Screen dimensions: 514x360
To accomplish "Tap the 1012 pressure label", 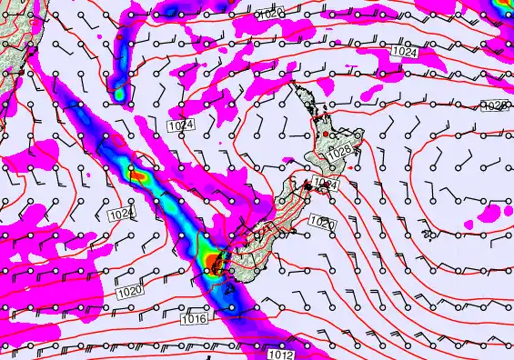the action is click(282, 355).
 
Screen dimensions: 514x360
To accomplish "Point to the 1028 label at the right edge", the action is click(494, 106).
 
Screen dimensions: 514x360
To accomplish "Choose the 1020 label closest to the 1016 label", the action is click(129, 291).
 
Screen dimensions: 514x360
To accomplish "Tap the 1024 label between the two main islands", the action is click(327, 185).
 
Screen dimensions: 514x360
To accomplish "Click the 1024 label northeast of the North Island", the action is click(406, 53).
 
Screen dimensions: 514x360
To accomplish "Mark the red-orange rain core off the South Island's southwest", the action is click(213, 263).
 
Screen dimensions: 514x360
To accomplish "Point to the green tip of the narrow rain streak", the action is click(118, 91).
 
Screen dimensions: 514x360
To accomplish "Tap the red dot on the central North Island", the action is click(325, 135).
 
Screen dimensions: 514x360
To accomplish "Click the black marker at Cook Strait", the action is click(307, 185).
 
